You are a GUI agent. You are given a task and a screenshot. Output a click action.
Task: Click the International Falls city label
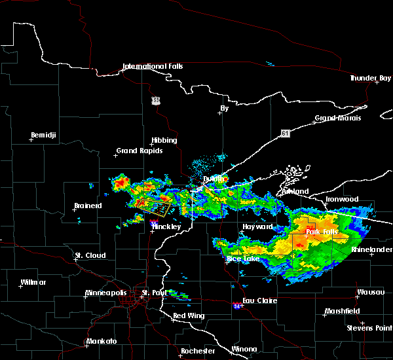point(153,66)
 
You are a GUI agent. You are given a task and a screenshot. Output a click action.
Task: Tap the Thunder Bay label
point(370,78)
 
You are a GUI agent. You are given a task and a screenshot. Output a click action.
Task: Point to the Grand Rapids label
point(136,151)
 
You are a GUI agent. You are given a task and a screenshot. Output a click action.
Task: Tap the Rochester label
point(197,351)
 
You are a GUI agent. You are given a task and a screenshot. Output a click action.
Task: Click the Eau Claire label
point(260,301)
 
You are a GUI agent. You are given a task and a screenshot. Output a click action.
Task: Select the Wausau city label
point(370,293)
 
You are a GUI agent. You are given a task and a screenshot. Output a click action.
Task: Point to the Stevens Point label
point(369,327)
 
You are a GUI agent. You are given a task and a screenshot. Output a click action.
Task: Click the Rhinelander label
point(371,249)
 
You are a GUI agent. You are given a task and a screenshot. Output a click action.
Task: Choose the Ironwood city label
point(343,199)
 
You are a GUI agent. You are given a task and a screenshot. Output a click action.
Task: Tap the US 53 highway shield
point(155,99)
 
